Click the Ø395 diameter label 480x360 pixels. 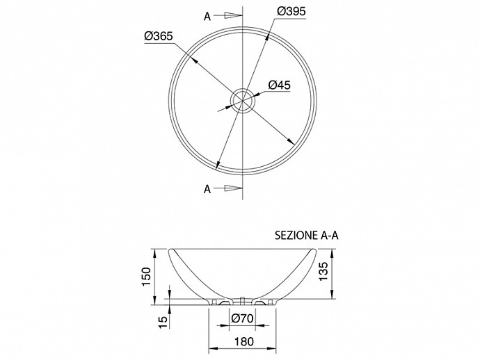(x=291, y=12)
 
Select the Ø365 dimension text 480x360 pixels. (x=159, y=36)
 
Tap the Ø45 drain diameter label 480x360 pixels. (x=279, y=85)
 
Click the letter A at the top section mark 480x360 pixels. (x=207, y=17)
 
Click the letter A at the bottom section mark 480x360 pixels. (x=207, y=189)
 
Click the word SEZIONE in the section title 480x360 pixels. (x=296, y=236)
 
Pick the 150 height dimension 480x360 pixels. (x=147, y=277)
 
